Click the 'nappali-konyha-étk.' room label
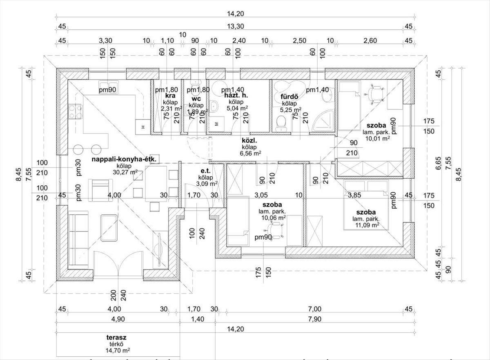pos(124,159)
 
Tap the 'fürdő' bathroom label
pos(289,96)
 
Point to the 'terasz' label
pos(116,337)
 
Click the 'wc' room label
pos(196,99)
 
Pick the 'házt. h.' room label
pos(236,96)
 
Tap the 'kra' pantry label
pos(170,96)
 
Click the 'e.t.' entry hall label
pos(206,171)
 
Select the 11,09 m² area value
pos(367,225)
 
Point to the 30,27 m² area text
pos(125,172)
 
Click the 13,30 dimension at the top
pos(235,27)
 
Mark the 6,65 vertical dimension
pos(438,163)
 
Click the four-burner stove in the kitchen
pos(75,111)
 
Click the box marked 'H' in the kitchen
pos(143,127)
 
